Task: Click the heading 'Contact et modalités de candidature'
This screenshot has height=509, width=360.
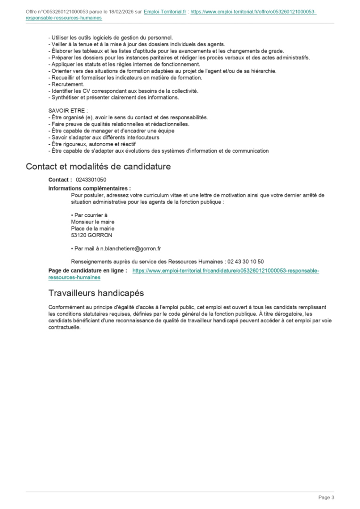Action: pos(98,166)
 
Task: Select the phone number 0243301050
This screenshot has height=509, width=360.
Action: pos(91,180)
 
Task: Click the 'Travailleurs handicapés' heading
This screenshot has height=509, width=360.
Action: pos(85,293)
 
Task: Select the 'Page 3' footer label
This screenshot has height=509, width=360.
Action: pos(326,497)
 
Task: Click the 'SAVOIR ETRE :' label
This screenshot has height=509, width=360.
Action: pos(68,110)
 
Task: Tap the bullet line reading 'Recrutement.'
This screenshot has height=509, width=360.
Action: pos(66,84)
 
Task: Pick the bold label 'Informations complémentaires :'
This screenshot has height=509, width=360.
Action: pos(90,188)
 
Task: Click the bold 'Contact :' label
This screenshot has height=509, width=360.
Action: pos(60,180)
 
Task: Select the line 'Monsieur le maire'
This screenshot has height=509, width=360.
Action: pos(92,222)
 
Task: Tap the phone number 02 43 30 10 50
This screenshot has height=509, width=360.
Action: pos(245,262)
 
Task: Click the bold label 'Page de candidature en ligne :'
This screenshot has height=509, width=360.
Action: pos(88,271)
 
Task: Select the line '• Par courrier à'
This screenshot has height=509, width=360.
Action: pos(89,215)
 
